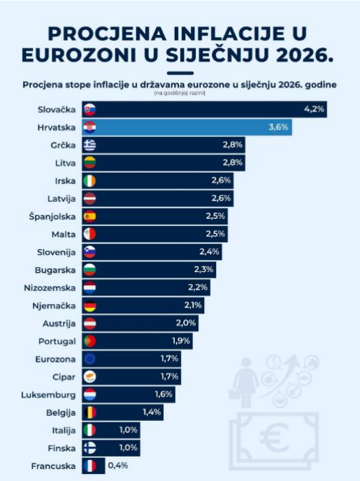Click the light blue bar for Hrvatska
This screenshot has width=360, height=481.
click(187, 127)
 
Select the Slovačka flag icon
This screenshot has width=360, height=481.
click(89, 110)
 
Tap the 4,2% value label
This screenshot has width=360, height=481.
click(314, 109)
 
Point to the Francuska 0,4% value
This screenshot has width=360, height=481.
click(117, 466)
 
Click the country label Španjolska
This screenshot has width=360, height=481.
click(52, 217)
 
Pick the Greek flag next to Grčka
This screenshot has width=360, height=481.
click(89, 145)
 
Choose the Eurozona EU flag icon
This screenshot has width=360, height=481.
click(89, 359)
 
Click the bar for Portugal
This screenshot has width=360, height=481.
click(137, 340)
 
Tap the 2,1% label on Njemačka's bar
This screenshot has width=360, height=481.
click(193, 305)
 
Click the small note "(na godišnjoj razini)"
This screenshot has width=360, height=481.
click(180, 93)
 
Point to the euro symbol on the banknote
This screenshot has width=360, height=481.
click(274, 438)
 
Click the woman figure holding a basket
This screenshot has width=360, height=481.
click(245, 382)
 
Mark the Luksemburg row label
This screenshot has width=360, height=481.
click(48, 395)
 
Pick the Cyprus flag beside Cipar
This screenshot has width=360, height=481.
click(89, 376)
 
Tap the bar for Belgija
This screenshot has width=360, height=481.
click(122, 412)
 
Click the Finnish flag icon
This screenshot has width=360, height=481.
click(89, 448)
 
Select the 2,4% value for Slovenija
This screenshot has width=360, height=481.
click(209, 252)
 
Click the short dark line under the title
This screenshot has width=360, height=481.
click(180, 73)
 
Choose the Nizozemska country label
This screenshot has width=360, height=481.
click(50, 288)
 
